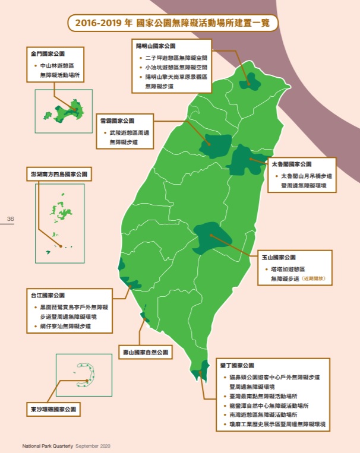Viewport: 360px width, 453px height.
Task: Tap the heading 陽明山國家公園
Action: pyautogui.click(x=156, y=45)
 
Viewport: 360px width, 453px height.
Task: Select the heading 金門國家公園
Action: pyautogui.click(x=49, y=53)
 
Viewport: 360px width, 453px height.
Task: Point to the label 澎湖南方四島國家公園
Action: pyautogui.click(x=59, y=175)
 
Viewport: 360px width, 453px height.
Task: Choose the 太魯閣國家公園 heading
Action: pyautogui.click(x=291, y=163)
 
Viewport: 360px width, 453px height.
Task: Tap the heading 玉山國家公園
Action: pyautogui.click(x=279, y=258)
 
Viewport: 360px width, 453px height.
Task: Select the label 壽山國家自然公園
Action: pyautogui.click(x=145, y=353)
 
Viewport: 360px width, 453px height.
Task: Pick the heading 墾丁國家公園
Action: pyautogui.click(x=237, y=365)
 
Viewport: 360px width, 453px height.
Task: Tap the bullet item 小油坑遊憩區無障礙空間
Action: pyautogui.click(x=176, y=68)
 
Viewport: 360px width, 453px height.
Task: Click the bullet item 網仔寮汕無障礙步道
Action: pyautogui.click(x=65, y=326)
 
